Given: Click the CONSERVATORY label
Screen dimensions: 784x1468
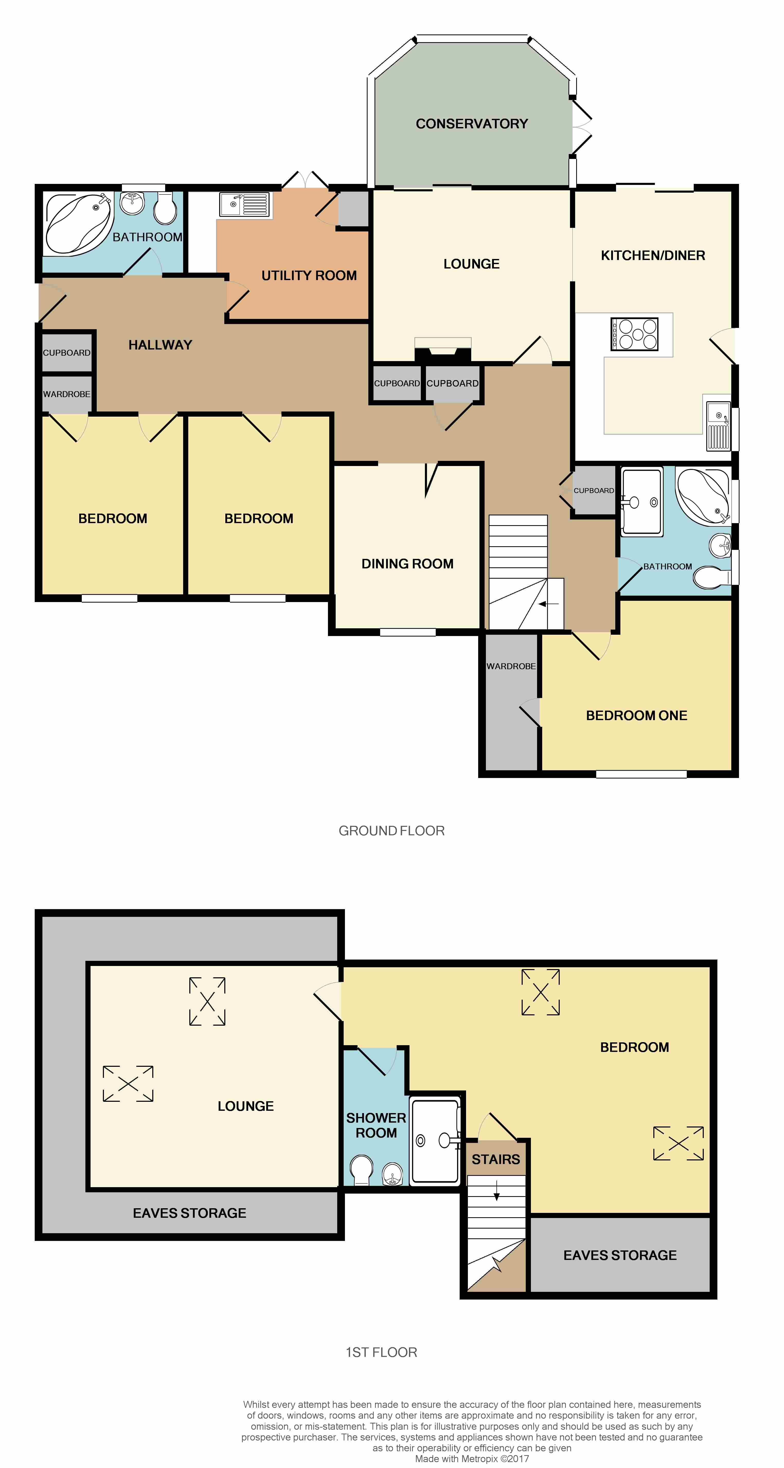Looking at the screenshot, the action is point(472,124).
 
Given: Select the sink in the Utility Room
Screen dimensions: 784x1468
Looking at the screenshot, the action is point(244,204).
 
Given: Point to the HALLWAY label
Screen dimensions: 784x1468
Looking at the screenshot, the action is point(160,345).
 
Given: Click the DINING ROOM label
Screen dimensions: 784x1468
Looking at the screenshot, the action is point(407,563).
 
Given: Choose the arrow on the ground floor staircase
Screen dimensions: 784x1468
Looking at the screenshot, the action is point(548,604).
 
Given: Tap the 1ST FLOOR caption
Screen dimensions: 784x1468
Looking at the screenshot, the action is point(381,1352).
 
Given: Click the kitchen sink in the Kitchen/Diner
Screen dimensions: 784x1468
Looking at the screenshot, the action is point(718,426).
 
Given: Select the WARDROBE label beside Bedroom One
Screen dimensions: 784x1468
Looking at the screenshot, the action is point(511,666).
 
